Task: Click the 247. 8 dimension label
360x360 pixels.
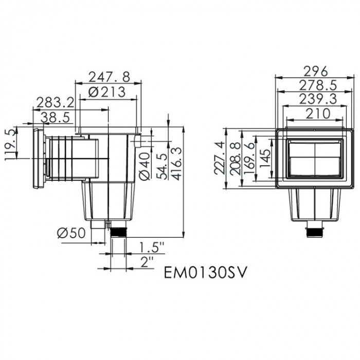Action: [x=109, y=77]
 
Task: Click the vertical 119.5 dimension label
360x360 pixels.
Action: [x=9, y=145]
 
